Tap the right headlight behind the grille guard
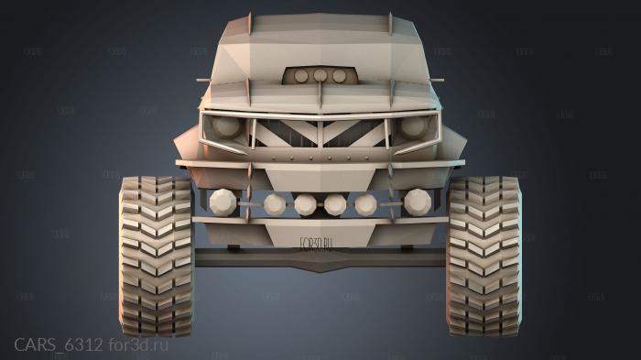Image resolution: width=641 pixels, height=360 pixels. click(x=415, y=126)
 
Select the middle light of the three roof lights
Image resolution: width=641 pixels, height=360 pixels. click(x=320, y=76)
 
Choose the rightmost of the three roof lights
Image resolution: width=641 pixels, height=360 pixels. click(x=340, y=76)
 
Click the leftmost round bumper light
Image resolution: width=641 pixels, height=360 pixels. click(x=223, y=201)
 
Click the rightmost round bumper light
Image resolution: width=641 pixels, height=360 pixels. click(x=418, y=201)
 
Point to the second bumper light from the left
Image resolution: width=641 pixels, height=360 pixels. click(x=273, y=202)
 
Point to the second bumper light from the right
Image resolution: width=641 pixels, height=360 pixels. click(x=366, y=203)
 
